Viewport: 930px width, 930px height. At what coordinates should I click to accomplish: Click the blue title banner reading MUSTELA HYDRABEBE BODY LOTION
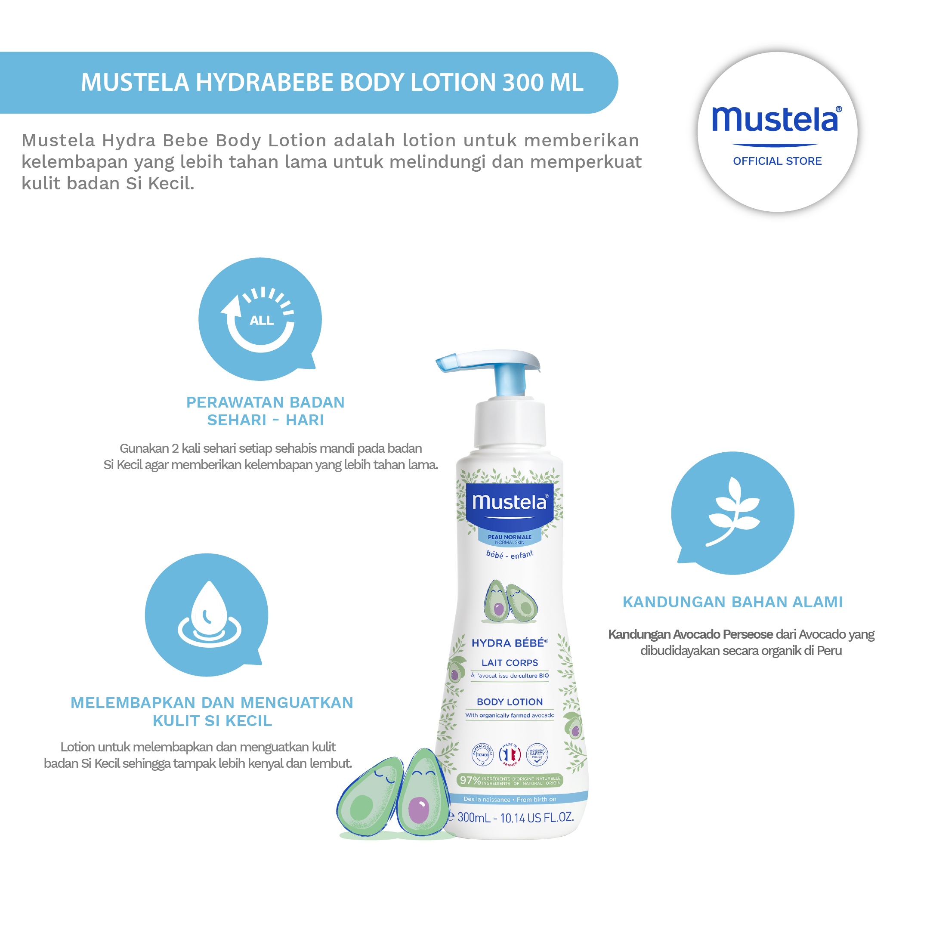(x=332, y=82)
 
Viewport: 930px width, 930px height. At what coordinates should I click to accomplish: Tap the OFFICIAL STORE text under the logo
(x=777, y=161)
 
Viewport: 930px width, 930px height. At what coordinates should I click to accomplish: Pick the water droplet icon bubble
(x=207, y=615)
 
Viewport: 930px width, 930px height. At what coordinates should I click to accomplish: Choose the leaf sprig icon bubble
(x=732, y=513)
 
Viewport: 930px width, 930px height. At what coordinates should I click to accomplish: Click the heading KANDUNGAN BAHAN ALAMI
(x=732, y=602)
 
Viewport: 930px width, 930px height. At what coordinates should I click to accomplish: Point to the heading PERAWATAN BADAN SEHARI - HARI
(x=265, y=411)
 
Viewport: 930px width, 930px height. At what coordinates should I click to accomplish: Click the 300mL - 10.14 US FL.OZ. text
(x=515, y=817)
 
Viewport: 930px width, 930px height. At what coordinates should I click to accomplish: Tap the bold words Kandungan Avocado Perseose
(x=690, y=634)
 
